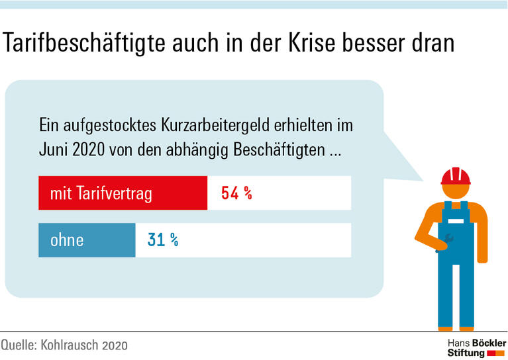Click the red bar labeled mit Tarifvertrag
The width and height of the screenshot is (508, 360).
pos(123,193)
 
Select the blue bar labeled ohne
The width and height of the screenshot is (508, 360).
pos(87,239)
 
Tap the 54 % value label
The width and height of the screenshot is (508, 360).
pos(236,193)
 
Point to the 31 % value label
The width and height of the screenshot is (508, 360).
pos(163,239)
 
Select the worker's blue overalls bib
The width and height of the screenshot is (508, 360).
pos(456,218)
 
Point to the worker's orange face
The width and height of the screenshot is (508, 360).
pos(456,192)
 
